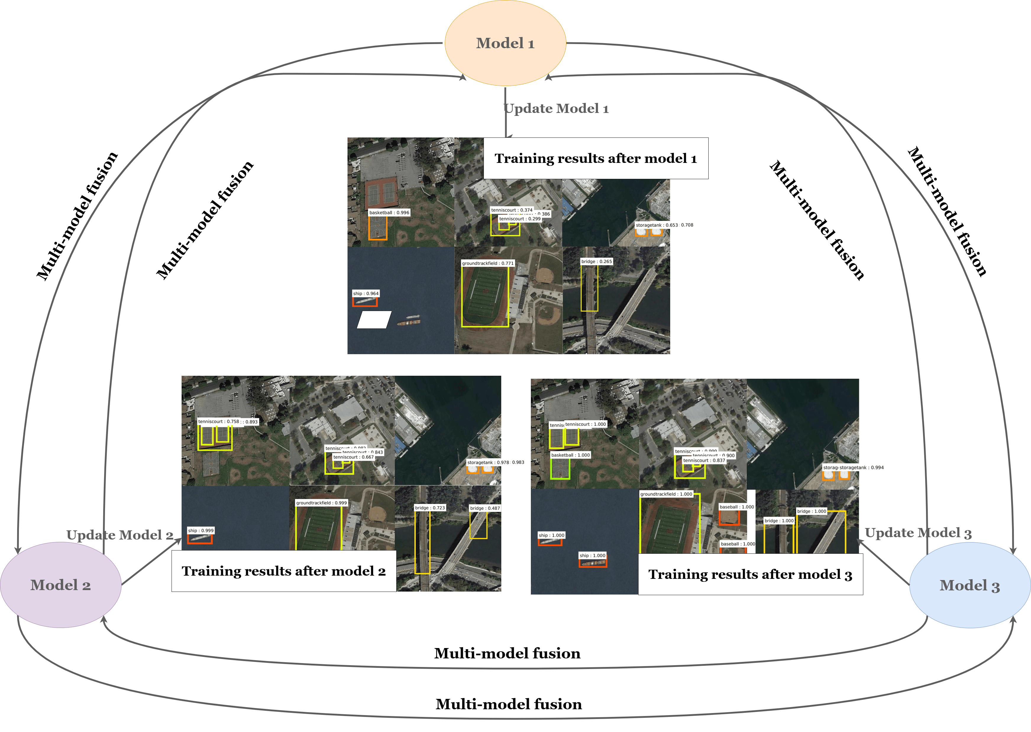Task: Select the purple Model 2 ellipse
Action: (60, 585)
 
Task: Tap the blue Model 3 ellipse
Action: (970, 585)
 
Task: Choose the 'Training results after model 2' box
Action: (284, 571)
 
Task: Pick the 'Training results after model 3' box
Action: (750, 574)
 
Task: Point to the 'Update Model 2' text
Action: (119, 535)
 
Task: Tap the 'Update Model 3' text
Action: (918, 533)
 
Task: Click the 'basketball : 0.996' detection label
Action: (389, 213)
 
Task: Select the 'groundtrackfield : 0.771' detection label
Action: (487, 263)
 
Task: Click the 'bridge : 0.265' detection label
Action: (597, 261)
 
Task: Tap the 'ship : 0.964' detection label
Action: (366, 294)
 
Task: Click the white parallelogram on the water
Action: (374, 320)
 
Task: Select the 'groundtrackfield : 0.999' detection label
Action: (321, 503)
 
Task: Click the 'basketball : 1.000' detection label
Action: (570, 455)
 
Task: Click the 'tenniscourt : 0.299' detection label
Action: (520, 219)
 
